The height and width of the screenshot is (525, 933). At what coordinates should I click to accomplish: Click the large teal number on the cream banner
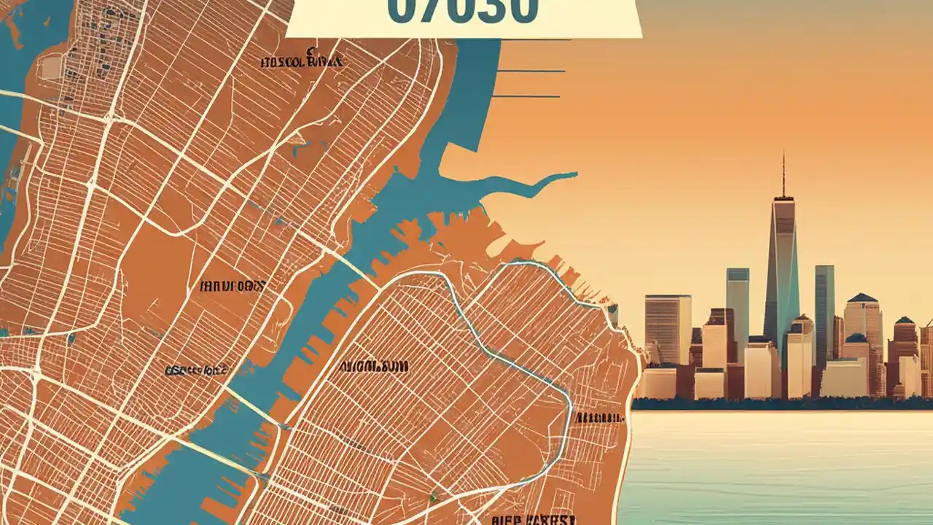pos(463,11)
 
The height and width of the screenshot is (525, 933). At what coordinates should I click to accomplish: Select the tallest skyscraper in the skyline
pos(783,270)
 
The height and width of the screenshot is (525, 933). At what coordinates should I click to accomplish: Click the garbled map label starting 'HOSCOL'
pos(302,61)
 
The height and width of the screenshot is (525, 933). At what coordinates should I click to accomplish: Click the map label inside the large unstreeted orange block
pos(232,287)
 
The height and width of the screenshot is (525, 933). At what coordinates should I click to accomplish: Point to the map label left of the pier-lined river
pos(196,370)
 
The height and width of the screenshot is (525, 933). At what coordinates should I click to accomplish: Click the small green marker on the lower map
pos(433,497)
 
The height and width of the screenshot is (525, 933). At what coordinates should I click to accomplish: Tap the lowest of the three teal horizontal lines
pos(526,96)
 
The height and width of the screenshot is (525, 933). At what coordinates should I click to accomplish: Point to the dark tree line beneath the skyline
pos(780,403)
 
